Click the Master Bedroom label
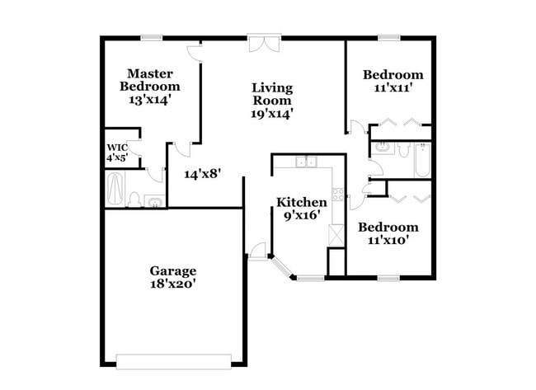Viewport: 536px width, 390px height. point(149,80)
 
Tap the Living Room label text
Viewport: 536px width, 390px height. point(272,94)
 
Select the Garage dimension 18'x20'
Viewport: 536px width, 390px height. point(172,284)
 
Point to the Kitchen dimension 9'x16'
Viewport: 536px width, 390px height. point(301,215)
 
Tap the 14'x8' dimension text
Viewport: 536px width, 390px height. point(202,174)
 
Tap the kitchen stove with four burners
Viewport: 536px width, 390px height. point(338,196)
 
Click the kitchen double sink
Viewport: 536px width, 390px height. point(306,162)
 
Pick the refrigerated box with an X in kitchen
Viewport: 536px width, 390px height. point(336,233)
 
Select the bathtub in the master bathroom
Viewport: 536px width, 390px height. point(115,189)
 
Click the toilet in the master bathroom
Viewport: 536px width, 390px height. point(134,199)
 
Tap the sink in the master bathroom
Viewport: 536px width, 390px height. point(153,200)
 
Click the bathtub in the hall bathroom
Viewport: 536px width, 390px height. point(421,160)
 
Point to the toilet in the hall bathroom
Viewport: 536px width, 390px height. point(403,150)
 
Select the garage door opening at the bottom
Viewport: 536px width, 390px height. point(174,361)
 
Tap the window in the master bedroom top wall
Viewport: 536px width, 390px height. point(151,37)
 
